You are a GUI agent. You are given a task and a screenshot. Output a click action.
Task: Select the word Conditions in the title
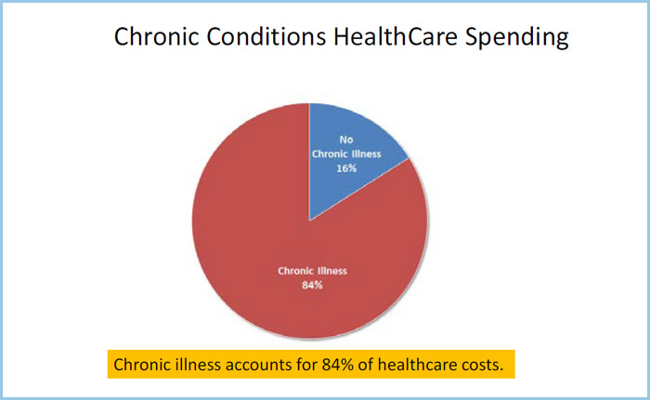266,36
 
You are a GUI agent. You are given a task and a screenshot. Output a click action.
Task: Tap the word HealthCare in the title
396,36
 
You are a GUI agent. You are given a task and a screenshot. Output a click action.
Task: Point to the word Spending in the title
516,38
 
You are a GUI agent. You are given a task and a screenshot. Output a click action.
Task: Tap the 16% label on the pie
346,168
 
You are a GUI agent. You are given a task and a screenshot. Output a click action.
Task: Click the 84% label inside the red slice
312,285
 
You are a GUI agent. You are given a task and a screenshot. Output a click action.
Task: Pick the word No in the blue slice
346,140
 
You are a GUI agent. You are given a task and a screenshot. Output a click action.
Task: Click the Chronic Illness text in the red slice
312,271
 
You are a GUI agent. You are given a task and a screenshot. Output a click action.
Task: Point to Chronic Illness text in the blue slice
346,154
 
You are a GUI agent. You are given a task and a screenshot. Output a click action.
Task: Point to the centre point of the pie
309,220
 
